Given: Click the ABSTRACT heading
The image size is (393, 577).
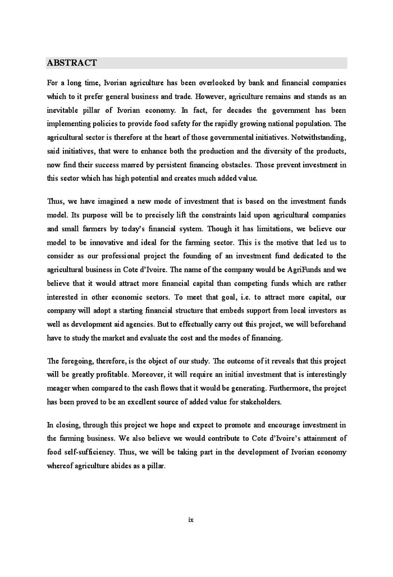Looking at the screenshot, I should [x=72, y=63].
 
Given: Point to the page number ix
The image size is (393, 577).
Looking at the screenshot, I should [x=191, y=519].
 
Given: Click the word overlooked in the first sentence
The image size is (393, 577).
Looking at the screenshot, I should [x=212, y=83].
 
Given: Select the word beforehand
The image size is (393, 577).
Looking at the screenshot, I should [x=325, y=325].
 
